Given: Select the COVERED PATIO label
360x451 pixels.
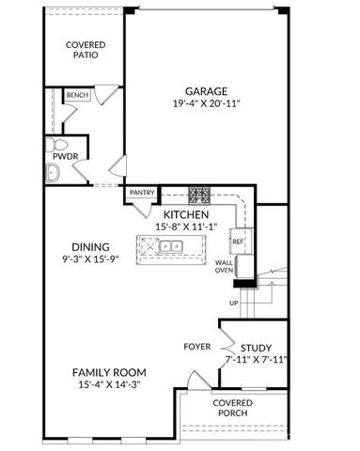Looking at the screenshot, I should click(85, 49).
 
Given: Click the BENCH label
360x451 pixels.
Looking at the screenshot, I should click(77, 95).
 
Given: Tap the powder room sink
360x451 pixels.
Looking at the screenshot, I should click(54, 171).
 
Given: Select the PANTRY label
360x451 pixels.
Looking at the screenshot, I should click(142, 193).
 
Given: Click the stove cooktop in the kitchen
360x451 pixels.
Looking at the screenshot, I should click(199, 196).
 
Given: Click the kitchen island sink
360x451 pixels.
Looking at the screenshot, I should click(170, 246).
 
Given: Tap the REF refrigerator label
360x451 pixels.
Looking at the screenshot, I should click(238, 241).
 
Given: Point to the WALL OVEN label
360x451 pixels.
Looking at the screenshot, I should click(225, 267).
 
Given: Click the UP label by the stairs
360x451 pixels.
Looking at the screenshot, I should click(233, 303).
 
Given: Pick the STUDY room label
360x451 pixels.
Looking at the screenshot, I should click(256, 347).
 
